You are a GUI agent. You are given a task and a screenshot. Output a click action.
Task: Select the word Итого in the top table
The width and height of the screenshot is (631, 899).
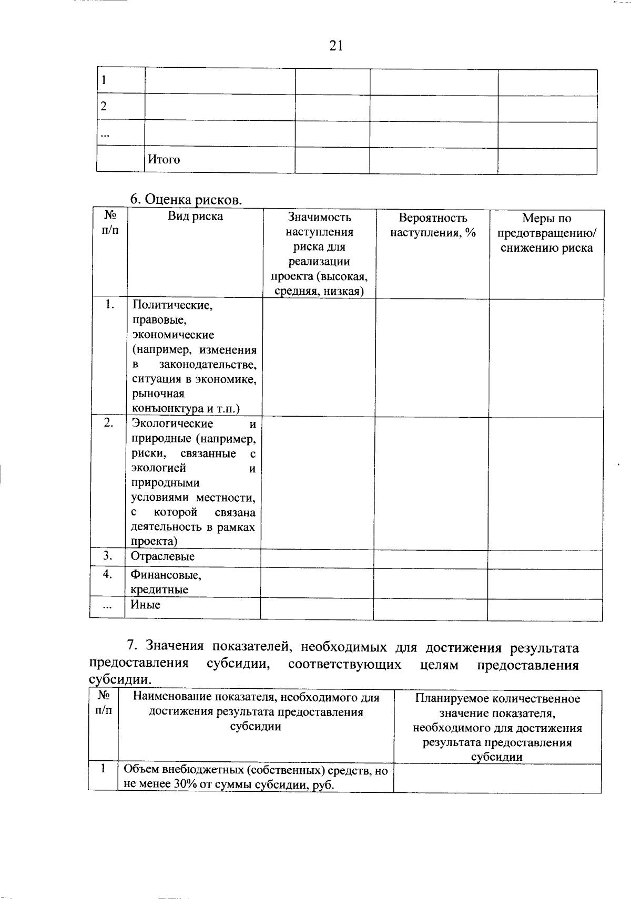pyautogui.click(x=164, y=160)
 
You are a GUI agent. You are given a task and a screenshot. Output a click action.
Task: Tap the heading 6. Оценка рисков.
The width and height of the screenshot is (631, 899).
pyautogui.click(x=186, y=200)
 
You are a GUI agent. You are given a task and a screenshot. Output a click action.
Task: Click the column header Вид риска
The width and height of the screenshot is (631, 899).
pyautogui.click(x=195, y=216)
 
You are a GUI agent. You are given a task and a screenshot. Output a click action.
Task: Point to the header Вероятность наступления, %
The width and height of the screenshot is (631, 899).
pyautogui.click(x=433, y=225)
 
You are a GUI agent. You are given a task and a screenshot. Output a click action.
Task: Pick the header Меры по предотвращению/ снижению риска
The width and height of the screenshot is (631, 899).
pyautogui.click(x=546, y=233)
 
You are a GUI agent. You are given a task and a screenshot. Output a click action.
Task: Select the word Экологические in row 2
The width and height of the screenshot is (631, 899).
pyautogui.click(x=172, y=423)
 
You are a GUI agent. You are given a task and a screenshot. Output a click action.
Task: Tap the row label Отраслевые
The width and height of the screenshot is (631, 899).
pyautogui.click(x=162, y=556)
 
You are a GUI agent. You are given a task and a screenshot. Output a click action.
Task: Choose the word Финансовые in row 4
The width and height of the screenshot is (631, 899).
pyautogui.click(x=166, y=575)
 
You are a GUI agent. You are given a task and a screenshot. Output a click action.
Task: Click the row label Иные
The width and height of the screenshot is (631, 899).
pyautogui.click(x=146, y=605)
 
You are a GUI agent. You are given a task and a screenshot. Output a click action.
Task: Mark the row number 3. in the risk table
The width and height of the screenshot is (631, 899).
pyautogui.click(x=108, y=555)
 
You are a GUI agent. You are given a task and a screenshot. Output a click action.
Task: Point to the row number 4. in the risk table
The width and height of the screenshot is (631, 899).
pyautogui.click(x=108, y=574)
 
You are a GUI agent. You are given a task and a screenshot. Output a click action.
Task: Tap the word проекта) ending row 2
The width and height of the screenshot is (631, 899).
pyautogui.click(x=154, y=541)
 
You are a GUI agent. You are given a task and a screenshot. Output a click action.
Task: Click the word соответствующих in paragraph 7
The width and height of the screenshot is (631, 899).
pyautogui.click(x=344, y=665)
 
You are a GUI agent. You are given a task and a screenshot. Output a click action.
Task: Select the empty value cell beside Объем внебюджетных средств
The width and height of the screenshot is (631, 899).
pyautogui.click(x=497, y=778)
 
